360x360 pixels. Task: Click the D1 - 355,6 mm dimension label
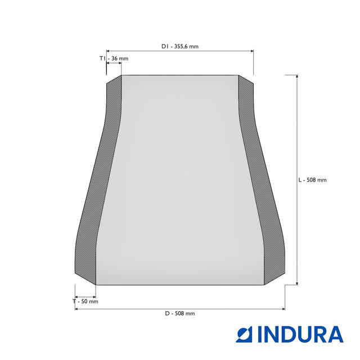[x=180, y=46]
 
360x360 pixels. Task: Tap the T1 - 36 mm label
[x=114, y=58]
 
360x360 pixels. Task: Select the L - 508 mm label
[x=312, y=180]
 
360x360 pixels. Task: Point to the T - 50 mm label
[x=85, y=301]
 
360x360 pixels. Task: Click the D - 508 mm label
[x=180, y=313]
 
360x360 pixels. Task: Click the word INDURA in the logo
[x=300, y=334]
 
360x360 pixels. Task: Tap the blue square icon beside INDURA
[x=244, y=334]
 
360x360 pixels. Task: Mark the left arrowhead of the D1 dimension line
[x=108, y=51]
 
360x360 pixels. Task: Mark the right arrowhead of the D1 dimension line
[x=252, y=51]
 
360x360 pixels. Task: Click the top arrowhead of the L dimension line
[x=297, y=76]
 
